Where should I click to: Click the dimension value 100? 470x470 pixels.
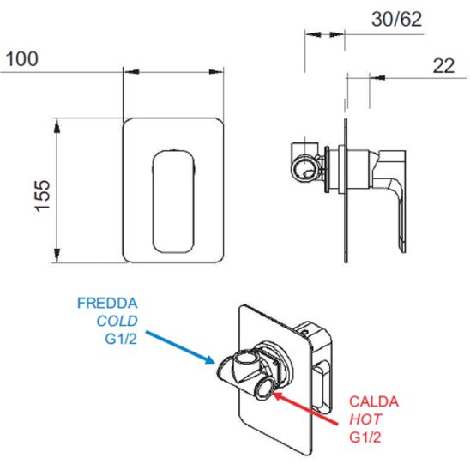[x=22, y=58]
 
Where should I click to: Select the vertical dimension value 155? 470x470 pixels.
[x=43, y=196]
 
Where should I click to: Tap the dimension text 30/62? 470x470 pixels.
[x=396, y=19]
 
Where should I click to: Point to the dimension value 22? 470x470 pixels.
[x=443, y=66]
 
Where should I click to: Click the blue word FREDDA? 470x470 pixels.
[x=107, y=303]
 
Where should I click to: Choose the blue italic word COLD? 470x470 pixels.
[x=117, y=321]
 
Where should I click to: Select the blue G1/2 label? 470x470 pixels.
[x=121, y=339]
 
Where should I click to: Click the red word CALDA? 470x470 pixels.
[x=374, y=401]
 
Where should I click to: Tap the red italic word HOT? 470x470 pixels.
[x=365, y=419]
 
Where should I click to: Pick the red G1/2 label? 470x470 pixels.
[x=365, y=437]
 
